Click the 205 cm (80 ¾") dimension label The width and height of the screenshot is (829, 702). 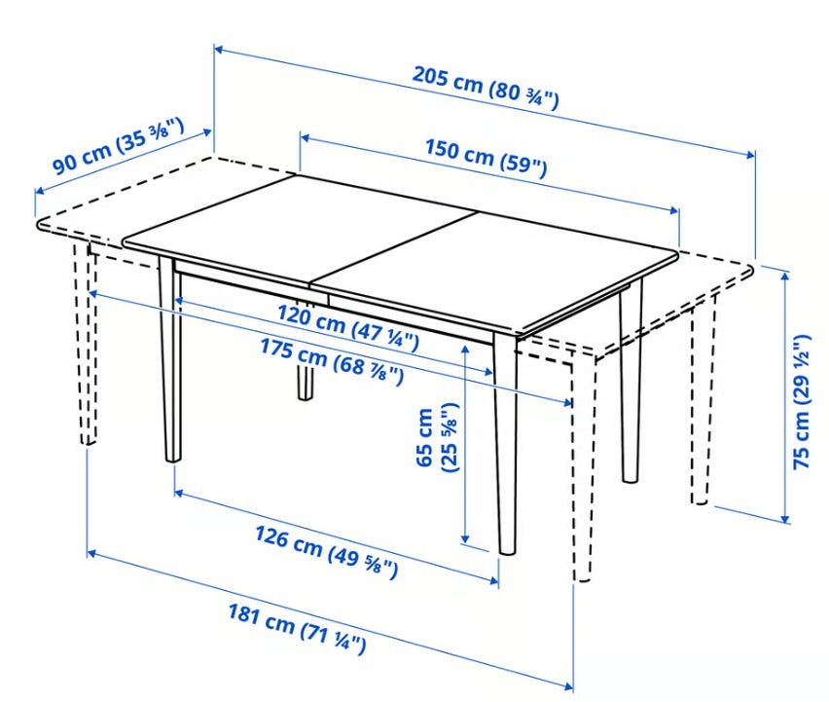pos(486,88)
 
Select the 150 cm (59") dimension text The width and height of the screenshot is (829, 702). pos(487,158)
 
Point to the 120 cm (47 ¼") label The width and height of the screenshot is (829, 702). pos(348,327)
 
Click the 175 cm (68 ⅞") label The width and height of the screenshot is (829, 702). pos(332,362)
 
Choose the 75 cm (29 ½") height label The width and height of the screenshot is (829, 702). pos(802,401)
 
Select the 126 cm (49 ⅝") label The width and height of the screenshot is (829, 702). pos(326,552)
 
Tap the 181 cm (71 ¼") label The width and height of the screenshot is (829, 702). pos(297,629)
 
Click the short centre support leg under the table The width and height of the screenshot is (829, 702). pos(306,382)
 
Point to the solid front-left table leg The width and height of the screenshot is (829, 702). pos(171,359)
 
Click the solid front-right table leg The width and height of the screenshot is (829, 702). pos(505,444)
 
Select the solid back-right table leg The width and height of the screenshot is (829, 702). pos(631,381)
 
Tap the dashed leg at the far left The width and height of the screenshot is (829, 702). pos(87,344)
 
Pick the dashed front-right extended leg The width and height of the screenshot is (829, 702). pos(582,468)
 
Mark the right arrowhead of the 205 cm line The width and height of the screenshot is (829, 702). pos(751,155)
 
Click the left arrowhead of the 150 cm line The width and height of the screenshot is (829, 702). pos(305,137)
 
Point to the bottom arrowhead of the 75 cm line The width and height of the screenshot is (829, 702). pos(786,518)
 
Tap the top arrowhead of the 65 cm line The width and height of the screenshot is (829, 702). pos(465,350)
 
